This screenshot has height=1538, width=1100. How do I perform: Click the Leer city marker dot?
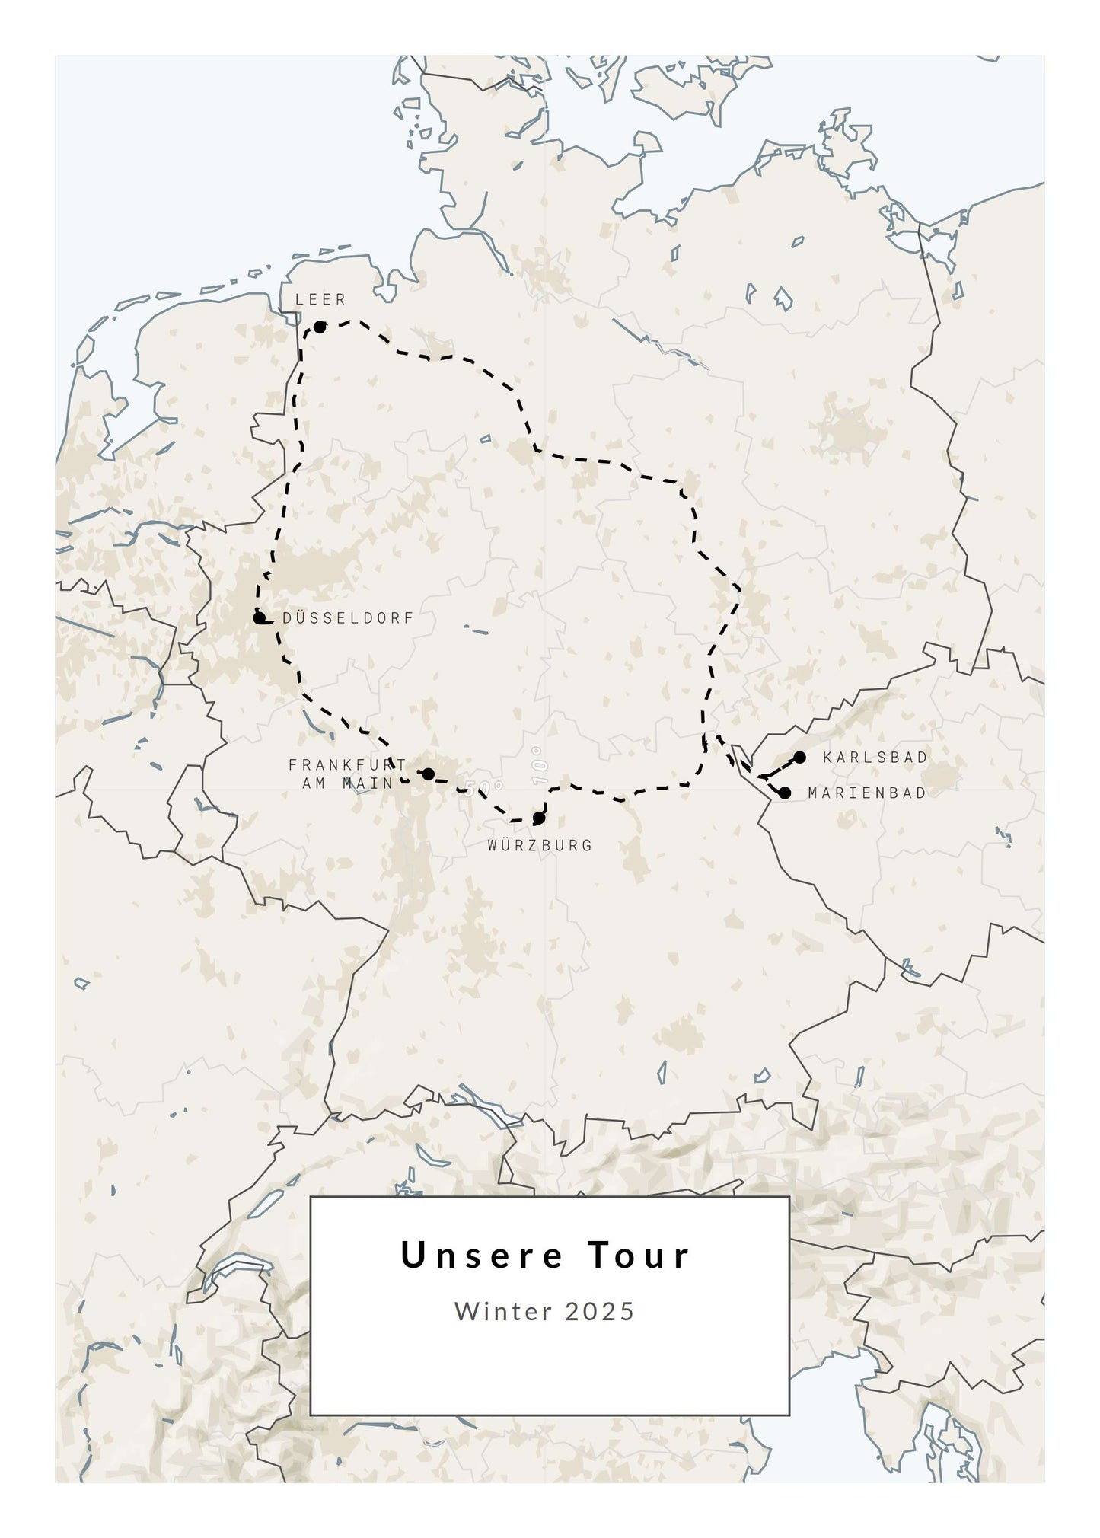320,327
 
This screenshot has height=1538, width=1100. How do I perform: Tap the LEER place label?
320,300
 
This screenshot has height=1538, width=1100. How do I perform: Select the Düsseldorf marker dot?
259,617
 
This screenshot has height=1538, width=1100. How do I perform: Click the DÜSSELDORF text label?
348,618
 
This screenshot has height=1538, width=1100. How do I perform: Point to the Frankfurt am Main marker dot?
428,774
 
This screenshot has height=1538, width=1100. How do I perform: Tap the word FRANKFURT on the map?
347,764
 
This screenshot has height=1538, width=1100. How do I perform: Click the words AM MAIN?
347,783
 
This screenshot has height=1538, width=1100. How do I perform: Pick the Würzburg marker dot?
539,818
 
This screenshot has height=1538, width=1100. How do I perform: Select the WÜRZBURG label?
540,845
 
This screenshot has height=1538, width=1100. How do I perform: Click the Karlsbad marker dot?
800,757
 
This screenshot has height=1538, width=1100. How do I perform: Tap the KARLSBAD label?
875,758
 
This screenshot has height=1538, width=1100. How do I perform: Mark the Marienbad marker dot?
785,793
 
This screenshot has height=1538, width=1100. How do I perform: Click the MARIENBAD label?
867,793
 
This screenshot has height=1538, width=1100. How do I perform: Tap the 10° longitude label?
540,766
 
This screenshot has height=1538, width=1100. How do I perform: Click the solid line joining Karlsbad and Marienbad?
781,767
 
